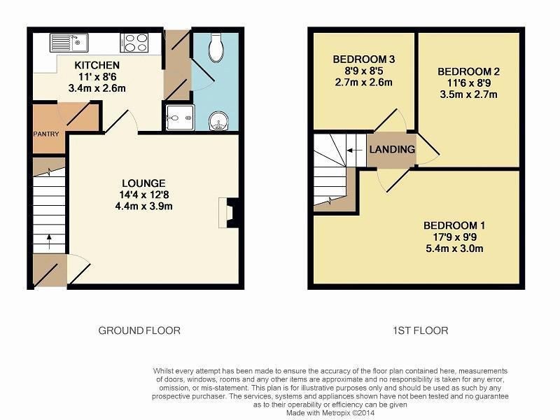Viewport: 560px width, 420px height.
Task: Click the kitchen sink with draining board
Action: tap(69, 43)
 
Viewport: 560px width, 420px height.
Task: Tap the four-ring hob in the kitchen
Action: tap(134, 43)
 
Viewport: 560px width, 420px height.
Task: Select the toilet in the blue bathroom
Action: tap(216, 48)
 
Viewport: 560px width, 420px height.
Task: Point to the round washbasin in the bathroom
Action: tap(218, 121)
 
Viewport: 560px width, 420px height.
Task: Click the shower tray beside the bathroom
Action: tap(181, 118)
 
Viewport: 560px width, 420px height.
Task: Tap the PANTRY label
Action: tap(46, 134)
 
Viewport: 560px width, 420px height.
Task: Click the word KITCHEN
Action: tap(97, 65)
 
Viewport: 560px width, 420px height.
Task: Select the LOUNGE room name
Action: tap(143, 183)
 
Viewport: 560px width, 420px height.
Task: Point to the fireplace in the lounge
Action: tap(228, 213)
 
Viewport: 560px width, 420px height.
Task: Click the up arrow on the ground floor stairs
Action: tap(49, 241)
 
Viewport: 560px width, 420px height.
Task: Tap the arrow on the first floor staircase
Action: tap(355, 150)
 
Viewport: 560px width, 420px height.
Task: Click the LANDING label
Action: tap(392, 149)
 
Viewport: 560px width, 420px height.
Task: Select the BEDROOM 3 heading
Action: tap(364, 59)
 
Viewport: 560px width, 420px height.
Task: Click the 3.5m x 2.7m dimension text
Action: tap(468, 94)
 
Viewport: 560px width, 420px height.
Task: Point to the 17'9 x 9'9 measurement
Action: tap(454, 237)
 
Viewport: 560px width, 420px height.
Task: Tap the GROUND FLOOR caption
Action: tap(139, 330)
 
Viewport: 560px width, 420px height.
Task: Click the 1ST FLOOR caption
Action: tap(421, 330)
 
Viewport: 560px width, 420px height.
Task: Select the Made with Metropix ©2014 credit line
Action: tap(330, 413)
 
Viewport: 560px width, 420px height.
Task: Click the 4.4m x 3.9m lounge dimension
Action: tap(144, 206)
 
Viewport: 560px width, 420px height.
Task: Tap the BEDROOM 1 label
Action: tap(454, 225)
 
